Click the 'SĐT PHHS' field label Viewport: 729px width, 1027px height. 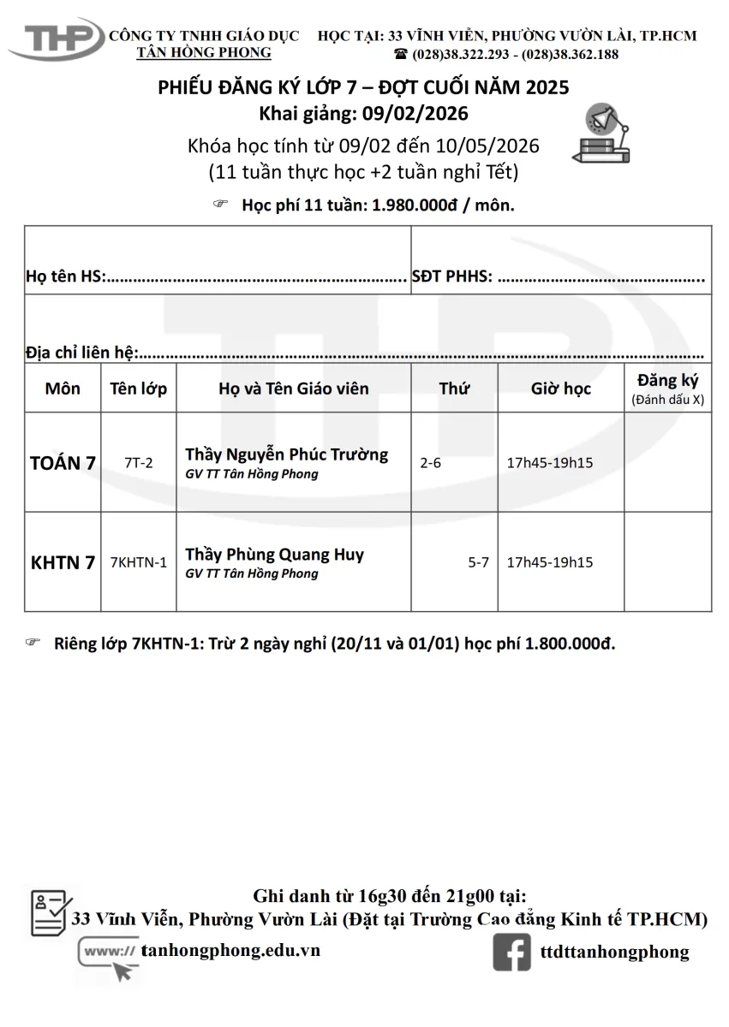pyautogui.click(x=451, y=276)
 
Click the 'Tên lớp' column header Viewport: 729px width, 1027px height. pyautogui.click(x=139, y=389)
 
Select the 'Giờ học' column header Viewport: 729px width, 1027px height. pyautogui.click(x=560, y=389)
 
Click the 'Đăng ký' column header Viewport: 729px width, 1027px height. pyautogui.click(x=668, y=381)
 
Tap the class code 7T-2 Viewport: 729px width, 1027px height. pyautogui.click(x=138, y=463)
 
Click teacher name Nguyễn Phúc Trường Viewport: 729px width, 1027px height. pyautogui.click(x=286, y=454)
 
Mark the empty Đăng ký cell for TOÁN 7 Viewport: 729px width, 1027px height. pyautogui.click(x=667, y=463)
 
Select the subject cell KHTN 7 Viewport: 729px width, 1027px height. pyautogui.click(x=63, y=562)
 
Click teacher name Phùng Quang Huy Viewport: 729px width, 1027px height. pyautogui.click(x=274, y=554)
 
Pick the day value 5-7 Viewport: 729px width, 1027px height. pyautogui.click(x=478, y=562)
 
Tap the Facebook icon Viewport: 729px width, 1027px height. pyautogui.click(x=511, y=952)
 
